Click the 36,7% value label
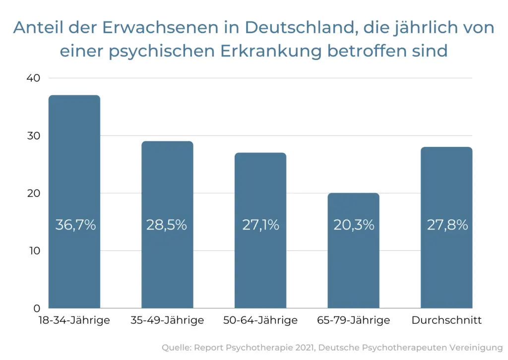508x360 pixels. point(75,225)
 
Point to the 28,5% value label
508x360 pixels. point(167,225)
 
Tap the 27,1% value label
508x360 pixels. point(260,225)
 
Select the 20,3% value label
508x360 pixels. point(353,225)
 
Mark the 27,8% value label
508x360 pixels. point(447,225)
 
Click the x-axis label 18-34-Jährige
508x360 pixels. point(74,320)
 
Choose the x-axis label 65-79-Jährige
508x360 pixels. point(353,320)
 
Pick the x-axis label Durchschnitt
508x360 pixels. point(446,320)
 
